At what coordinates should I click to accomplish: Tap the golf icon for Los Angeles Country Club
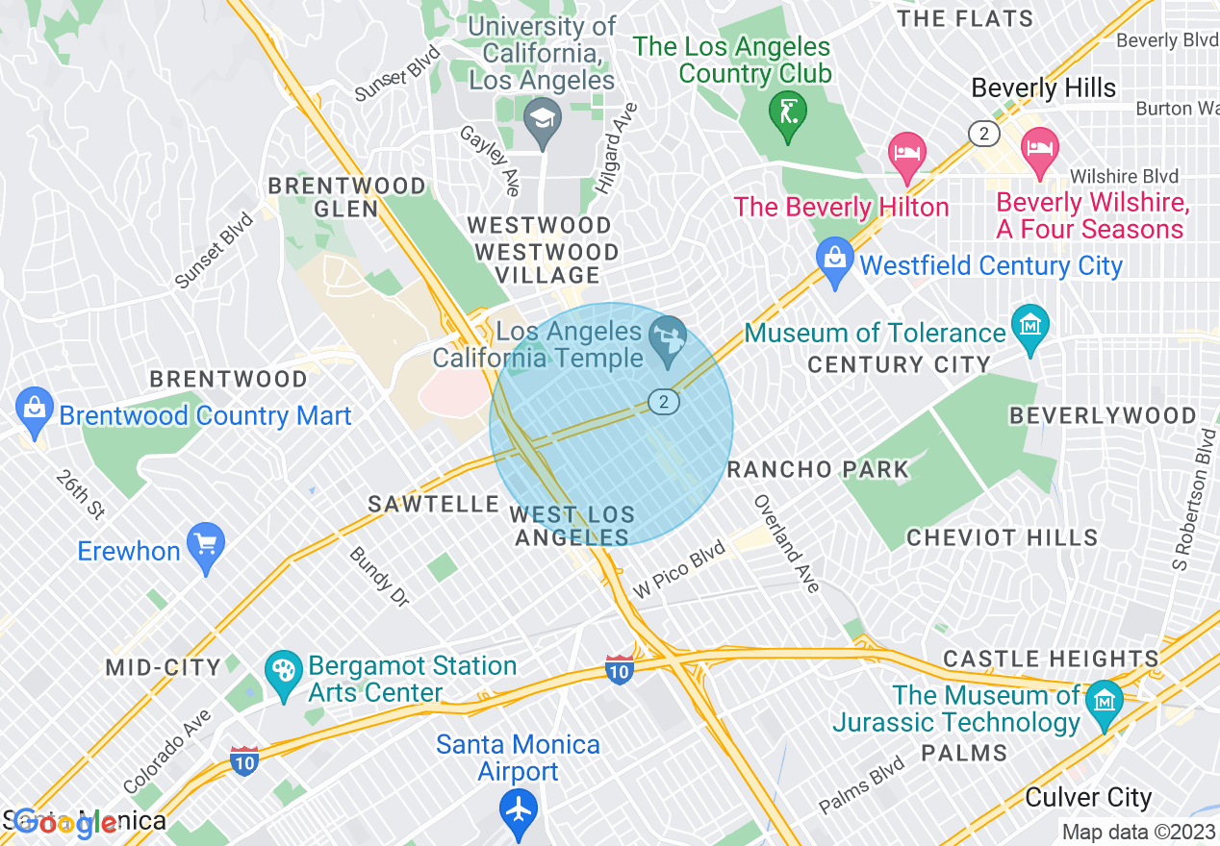[788, 113]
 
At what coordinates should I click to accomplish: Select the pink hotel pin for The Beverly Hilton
[907, 155]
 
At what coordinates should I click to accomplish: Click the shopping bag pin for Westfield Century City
[834, 261]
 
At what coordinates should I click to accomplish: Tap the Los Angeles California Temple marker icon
[670, 338]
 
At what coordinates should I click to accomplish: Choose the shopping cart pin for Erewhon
[205, 545]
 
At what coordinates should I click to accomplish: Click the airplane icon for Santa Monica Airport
[519, 809]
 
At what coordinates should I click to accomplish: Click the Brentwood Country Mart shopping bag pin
[35, 411]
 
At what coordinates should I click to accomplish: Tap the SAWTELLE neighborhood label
[434, 505]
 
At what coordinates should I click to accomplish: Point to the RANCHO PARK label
[818, 470]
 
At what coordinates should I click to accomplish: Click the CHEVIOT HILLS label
[1002, 537]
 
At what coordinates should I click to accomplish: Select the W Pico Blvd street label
[679, 569]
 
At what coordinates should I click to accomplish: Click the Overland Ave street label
[786, 543]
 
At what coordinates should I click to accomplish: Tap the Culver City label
[1088, 798]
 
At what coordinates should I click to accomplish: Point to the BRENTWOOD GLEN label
[346, 197]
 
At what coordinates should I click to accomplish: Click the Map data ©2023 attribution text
[1138, 833]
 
